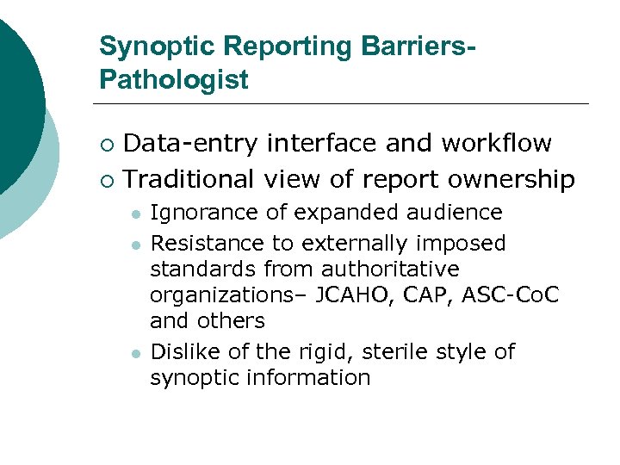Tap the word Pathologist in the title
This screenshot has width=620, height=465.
(x=173, y=80)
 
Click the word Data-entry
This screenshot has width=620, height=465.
(x=190, y=143)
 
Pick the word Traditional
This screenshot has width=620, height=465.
(x=189, y=179)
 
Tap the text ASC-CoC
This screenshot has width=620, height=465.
(x=511, y=295)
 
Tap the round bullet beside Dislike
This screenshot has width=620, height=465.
(x=134, y=352)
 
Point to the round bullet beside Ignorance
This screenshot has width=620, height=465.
(x=134, y=214)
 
